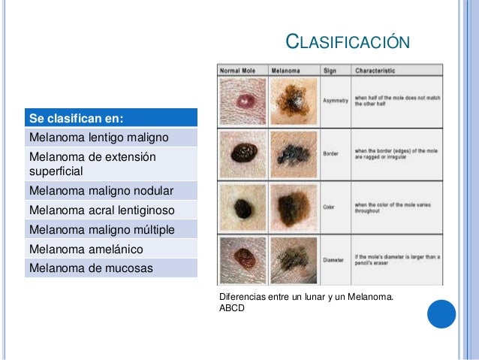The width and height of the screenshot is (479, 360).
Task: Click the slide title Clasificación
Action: [349, 41]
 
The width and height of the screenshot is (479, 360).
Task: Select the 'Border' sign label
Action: [330, 154]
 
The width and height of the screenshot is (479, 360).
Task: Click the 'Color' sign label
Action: [330, 207]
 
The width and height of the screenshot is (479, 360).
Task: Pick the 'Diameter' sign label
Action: [333, 260]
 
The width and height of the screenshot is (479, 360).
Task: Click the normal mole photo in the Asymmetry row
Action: [243, 101]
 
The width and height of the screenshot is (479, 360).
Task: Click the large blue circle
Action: [441, 314]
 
